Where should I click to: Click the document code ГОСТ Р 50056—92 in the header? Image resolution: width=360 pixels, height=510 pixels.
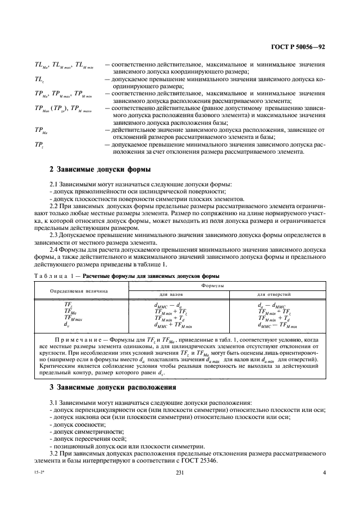[298, 47]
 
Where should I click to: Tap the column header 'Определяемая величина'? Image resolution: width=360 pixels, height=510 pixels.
[78, 290]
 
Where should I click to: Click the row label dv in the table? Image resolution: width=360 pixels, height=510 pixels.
[66, 325]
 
